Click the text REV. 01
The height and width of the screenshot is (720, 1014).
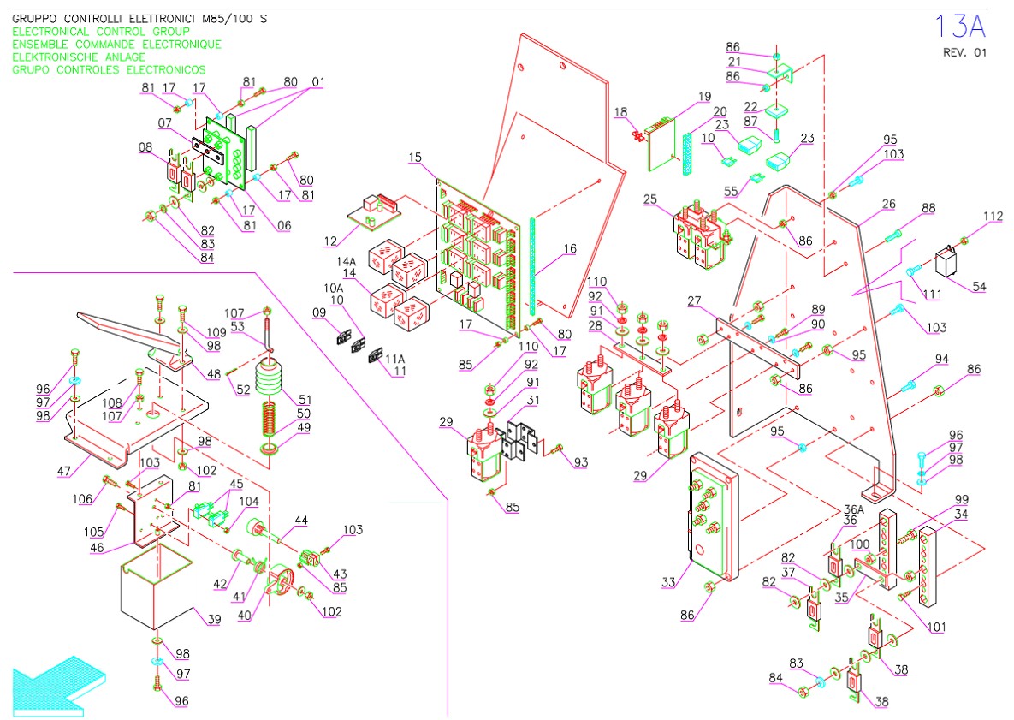(x=964, y=52)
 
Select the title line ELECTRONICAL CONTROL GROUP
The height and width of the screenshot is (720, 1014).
(x=101, y=32)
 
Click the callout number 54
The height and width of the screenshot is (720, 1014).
(x=978, y=287)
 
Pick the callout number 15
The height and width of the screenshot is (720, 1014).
(x=415, y=158)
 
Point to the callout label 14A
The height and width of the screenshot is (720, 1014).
(x=346, y=261)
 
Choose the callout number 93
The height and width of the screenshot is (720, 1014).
(x=582, y=463)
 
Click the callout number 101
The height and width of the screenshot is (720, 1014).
(x=937, y=628)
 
